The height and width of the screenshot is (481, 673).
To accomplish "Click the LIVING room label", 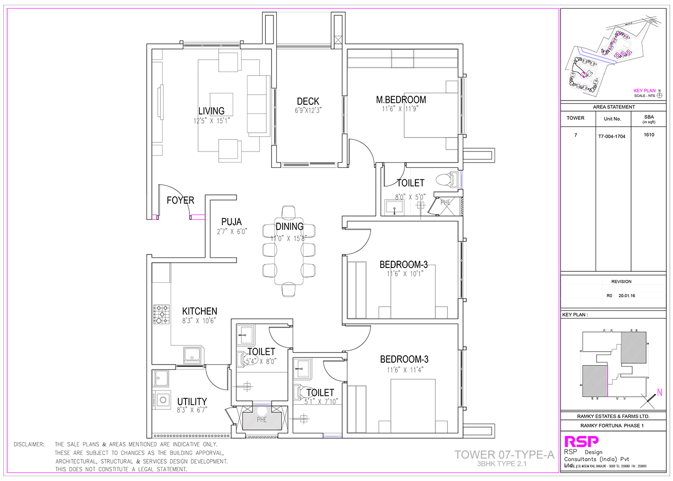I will click(212, 111).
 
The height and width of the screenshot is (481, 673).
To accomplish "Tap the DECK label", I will click(308, 101).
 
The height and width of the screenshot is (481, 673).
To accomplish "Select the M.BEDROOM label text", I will click(401, 100).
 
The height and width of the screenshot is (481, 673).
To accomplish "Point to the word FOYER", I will click(180, 201).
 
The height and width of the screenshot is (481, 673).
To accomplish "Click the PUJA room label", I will click(231, 222).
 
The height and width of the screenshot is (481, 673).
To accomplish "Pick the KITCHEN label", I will click(199, 311).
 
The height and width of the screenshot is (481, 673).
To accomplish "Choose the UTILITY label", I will click(192, 402).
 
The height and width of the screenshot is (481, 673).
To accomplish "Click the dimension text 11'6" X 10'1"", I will click(405, 274).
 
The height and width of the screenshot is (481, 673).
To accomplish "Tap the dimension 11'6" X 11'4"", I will click(405, 370).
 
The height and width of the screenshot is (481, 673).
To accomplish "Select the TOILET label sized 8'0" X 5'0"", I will click(411, 183).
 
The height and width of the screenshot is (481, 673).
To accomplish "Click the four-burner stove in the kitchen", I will click(162, 314).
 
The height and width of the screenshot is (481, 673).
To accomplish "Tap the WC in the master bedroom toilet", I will click(447, 179).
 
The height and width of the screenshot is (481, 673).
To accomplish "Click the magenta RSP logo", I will click(581, 441).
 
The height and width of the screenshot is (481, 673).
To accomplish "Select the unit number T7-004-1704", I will click(611, 137).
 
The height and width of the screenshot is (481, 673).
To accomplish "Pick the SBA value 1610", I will click(649, 135).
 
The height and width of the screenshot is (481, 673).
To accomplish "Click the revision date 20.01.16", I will click(626, 296).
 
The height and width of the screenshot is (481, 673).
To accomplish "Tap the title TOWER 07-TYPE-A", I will click(504, 455).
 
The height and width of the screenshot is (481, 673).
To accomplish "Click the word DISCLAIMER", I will click(29, 444).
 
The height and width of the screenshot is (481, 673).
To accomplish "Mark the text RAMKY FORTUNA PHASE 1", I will click(612, 426).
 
